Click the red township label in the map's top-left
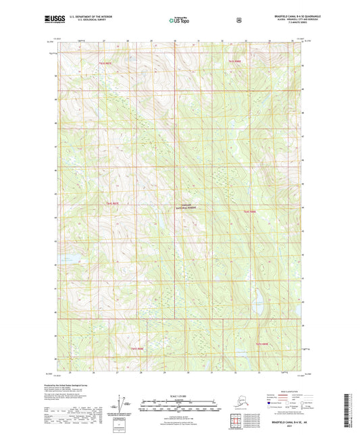(x=85, y=61)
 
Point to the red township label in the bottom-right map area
(x=263, y=344)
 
